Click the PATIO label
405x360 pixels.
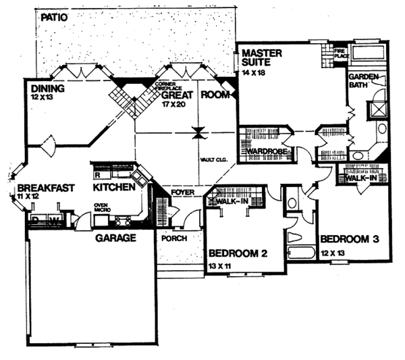pos(55,18)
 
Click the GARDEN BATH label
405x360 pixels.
pos(363,80)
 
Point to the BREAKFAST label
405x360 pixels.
pos(45,188)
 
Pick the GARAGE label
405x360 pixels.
pos(115,238)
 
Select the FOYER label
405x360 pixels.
pos(182,192)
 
